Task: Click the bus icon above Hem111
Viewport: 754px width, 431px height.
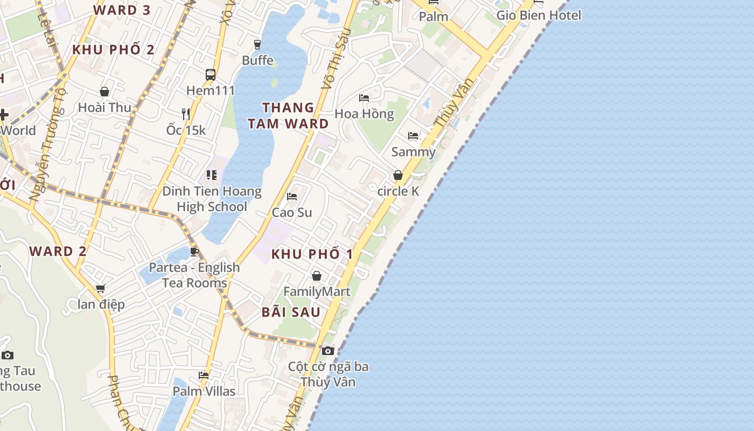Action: pos(211,75)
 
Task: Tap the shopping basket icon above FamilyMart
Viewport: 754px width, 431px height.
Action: pos(317,276)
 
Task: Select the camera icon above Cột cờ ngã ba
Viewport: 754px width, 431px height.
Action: pos(327,351)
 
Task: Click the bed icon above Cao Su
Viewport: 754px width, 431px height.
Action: pos(292,197)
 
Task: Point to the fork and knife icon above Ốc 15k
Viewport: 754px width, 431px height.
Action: pos(186,114)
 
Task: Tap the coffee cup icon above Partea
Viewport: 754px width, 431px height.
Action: pos(194,252)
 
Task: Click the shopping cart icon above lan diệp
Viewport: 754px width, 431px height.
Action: pos(101,289)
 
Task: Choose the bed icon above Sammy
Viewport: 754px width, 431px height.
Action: pos(413,136)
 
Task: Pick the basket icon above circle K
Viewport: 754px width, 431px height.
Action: pos(398,175)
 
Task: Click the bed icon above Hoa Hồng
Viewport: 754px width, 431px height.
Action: pos(364,98)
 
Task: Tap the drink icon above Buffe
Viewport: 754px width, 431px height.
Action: pos(257,44)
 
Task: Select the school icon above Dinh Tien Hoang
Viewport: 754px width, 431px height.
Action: pos(212,175)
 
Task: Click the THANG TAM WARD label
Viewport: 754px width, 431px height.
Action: pos(288,115)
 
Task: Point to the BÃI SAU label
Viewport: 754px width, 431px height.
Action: pos(291,312)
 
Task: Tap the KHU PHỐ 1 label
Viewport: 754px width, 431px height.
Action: pos(312,254)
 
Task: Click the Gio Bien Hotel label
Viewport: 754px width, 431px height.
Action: pos(539,15)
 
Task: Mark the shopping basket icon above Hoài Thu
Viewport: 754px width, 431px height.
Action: pos(104,92)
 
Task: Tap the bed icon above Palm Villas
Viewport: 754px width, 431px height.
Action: pos(204,376)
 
